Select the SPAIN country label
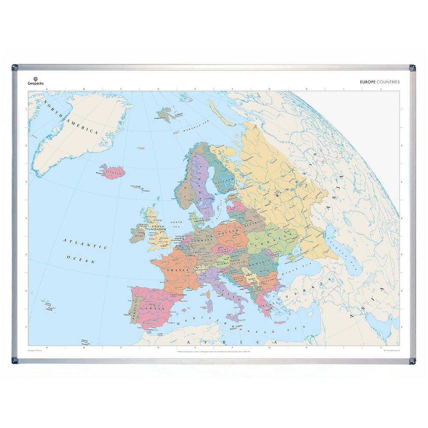[152, 307]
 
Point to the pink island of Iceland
[111, 172]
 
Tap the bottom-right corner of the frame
[412, 361]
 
